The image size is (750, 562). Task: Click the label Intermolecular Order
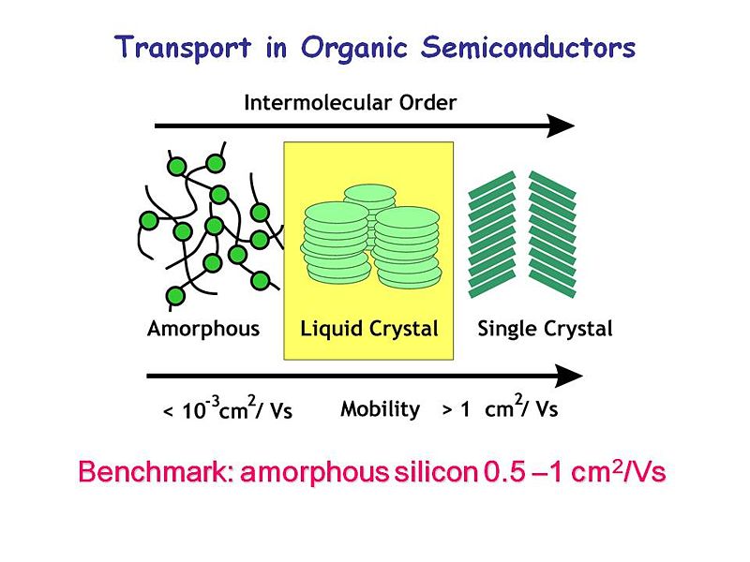350,102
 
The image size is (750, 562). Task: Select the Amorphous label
203,329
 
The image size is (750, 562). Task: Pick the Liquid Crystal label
369,329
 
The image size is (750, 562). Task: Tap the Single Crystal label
545,329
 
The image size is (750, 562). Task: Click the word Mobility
380,409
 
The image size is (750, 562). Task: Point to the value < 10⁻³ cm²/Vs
228,409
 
